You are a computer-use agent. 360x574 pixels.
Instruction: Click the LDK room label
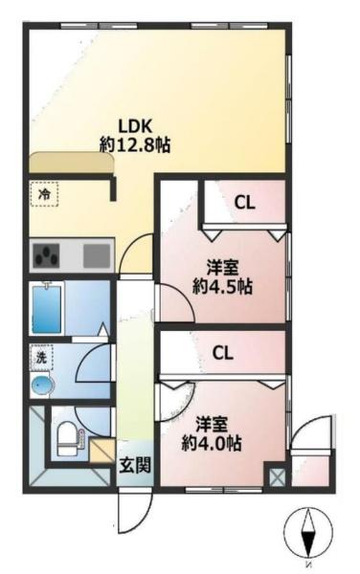[134, 126]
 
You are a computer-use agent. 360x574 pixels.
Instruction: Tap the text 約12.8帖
[135, 145]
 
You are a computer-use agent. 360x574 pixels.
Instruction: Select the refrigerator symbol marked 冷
[45, 194]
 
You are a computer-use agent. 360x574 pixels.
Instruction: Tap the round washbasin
[42, 386]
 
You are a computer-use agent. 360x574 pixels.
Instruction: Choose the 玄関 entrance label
[135, 465]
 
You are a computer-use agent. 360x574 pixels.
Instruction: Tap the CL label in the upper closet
[245, 203]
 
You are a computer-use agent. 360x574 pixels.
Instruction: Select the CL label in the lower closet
[223, 353]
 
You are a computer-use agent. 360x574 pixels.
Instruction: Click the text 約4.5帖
[223, 287]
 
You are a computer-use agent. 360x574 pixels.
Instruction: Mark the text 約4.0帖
[212, 444]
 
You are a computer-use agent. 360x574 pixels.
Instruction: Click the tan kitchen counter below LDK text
[72, 163]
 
